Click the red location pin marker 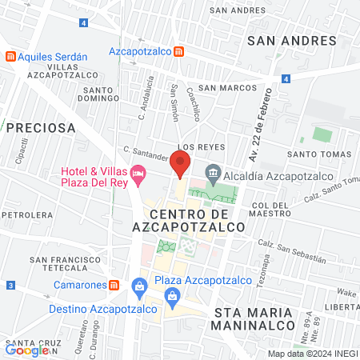pos(180,163)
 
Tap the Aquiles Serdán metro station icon pos(10,56)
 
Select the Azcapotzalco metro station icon pos(180,51)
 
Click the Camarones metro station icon pos(114,285)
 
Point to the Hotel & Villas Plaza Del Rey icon pos(138,172)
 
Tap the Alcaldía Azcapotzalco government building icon pos(213,172)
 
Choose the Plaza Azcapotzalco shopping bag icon pos(140,286)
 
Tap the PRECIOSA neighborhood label pos(41,127)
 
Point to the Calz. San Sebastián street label pos(291,252)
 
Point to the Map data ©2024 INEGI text pos(311,354)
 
